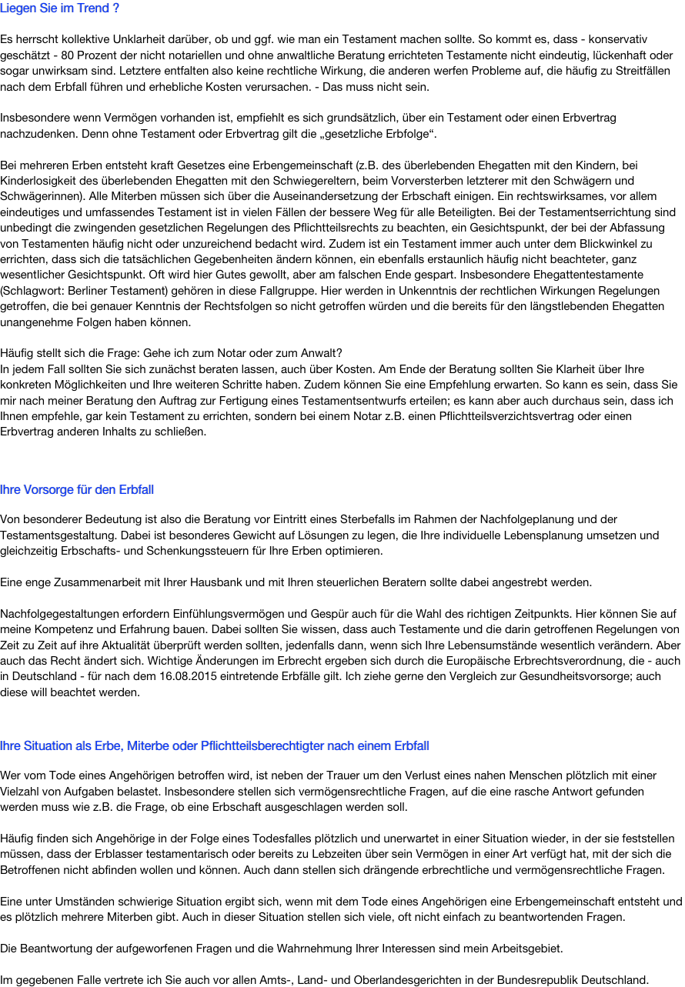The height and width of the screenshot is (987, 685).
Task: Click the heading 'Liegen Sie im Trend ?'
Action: pos(59,8)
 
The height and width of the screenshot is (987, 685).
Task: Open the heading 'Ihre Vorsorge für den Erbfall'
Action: pos(77,489)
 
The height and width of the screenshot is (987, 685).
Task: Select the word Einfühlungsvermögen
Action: pos(237,614)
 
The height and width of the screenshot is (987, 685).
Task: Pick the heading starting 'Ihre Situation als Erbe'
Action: pos(215,745)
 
